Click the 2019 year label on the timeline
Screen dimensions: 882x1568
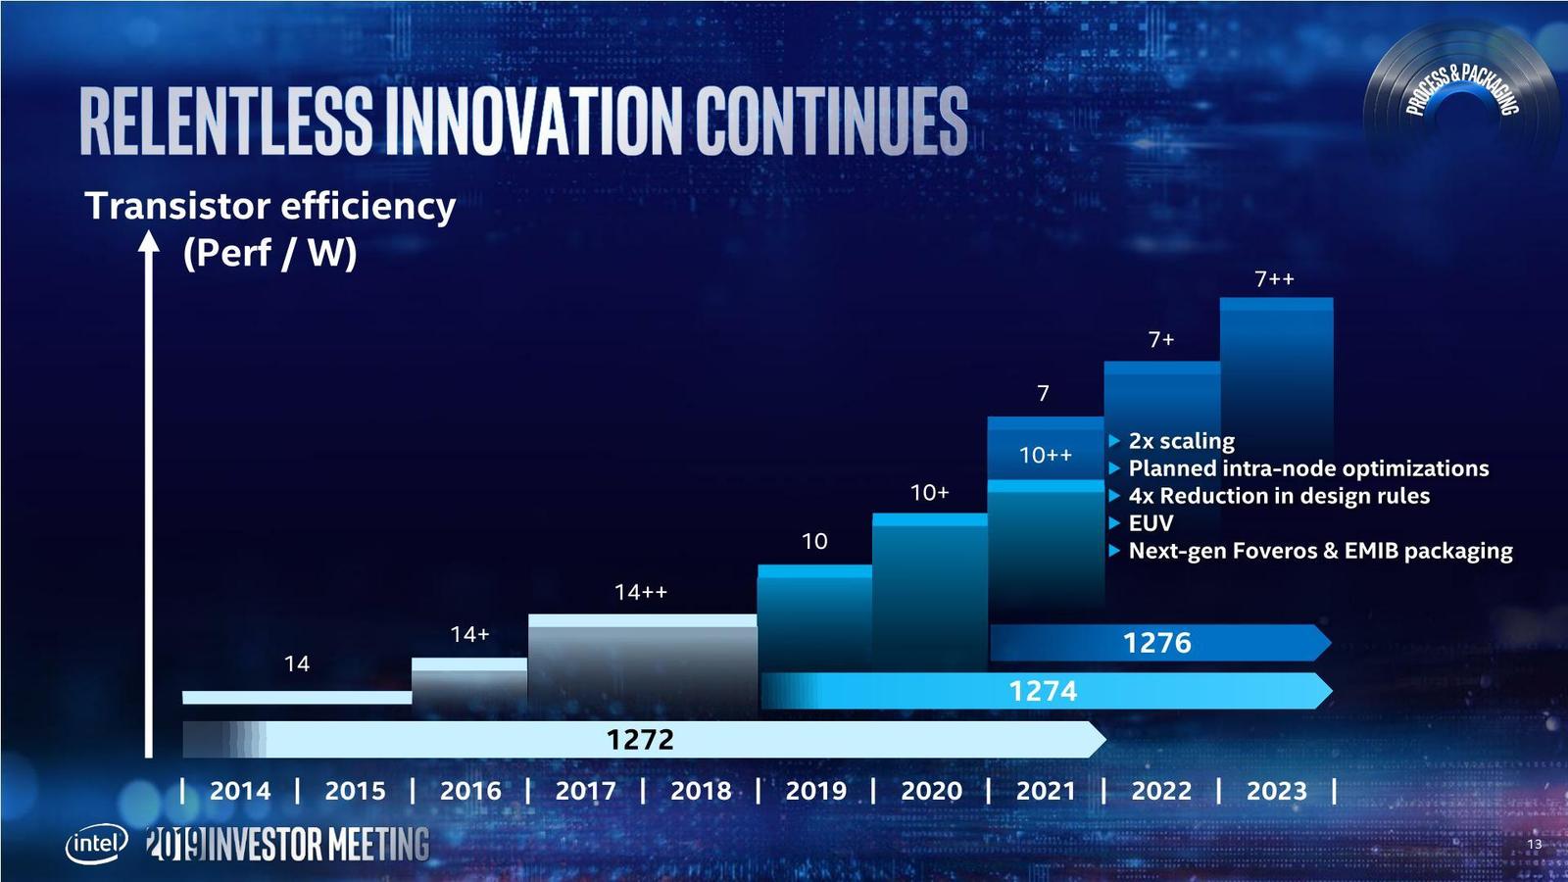click(815, 790)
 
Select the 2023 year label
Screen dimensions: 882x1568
click(1276, 790)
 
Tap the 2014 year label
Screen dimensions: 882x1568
click(239, 790)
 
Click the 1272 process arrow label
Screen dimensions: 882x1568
click(640, 739)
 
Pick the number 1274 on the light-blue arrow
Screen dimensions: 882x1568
click(1043, 691)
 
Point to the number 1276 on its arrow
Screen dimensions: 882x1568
click(1156, 643)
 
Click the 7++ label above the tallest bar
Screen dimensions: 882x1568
click(1274, 279)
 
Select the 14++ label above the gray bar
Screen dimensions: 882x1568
click(640, 592)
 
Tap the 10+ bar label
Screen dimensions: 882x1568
click(929, 492)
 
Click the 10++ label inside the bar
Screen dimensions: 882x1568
click(1045, 455)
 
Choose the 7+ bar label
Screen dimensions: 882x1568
click(1161, 339)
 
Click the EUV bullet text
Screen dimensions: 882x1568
click(1151, 523)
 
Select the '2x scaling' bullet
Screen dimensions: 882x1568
click(1181, 441)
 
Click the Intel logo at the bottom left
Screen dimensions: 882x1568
click(96, 843)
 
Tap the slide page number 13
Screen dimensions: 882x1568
click(1534, 844)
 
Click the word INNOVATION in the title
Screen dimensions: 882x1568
click(535, 122)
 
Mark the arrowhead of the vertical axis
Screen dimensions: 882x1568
click(149, 241)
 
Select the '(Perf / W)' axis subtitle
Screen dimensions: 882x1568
click(269, 253)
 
